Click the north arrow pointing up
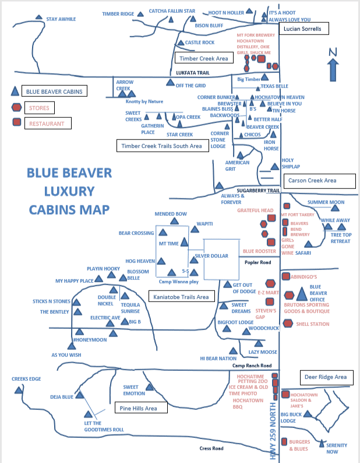tap(333, 69)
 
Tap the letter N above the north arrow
tap(333, 51)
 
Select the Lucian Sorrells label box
tap(302, 28)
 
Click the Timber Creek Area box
tap(204, 58)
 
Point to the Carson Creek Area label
tap(319, 181)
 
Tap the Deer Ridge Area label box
tap(326, 377)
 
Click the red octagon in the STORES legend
tap(17, 108)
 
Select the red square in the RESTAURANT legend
tap(17, 122)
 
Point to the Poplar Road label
tap(257, 262)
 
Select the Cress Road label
tap(211, 448)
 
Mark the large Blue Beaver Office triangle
tap(301, 292)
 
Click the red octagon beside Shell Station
tap(287, 324)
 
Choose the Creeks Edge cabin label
tap(26, 379)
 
